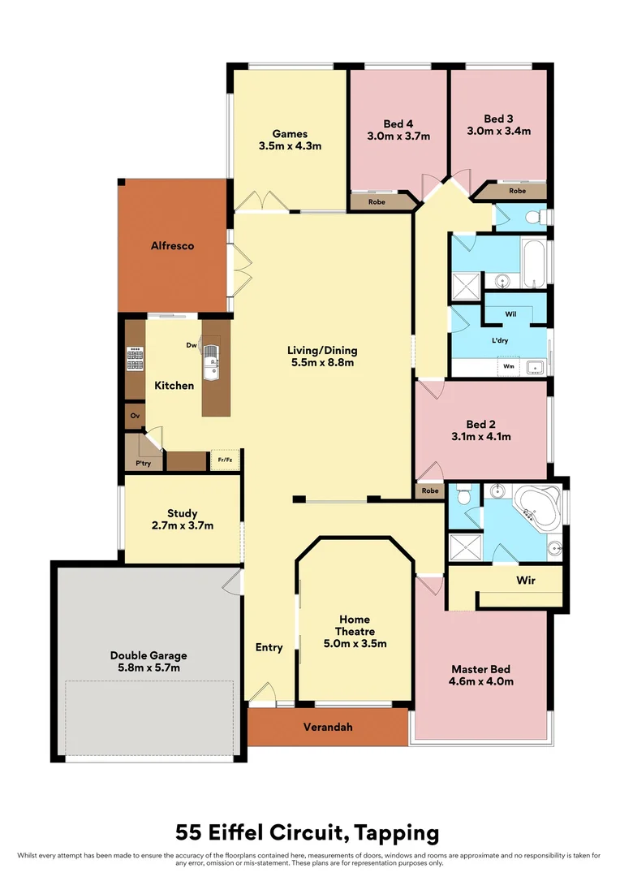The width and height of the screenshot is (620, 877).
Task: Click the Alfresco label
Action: [x=171, y=245]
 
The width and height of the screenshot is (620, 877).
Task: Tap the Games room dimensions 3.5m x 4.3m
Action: [x=291, y=147]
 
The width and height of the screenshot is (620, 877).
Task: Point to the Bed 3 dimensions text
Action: [x=498, y=130]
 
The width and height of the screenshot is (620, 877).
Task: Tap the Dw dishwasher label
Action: [x=192, y=345]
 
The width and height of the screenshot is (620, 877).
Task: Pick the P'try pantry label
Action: [x=143, y=464]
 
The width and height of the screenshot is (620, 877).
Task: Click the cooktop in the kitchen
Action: [x=135, y=359]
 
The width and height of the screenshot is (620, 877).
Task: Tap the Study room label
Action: [x=183, y=513]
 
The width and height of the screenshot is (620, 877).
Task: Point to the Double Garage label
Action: [x=149, y=655]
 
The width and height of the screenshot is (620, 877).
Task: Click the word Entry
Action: [x=269, y=647]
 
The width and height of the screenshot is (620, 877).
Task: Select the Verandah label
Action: [x=328, y=727]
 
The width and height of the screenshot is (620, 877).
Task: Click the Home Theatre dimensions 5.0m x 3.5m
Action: [x=355, y=644]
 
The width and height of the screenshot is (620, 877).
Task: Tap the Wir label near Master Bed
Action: [x=526, y=581]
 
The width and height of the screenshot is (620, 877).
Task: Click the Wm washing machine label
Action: [x=509, y=366]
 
